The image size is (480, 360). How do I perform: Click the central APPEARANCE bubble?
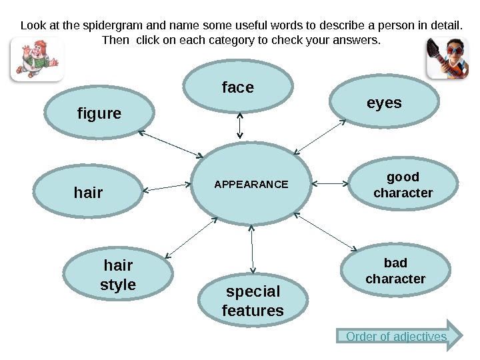pyautogui.click(x=251, y=185)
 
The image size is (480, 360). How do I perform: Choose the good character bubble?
pyautogui.click(x=403, y=185)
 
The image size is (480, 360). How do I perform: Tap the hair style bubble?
pyautogui.click(x=118, y=276)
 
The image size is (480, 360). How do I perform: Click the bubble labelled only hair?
pyautogui.click(x=88, y=193)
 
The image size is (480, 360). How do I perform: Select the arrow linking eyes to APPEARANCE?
pyautogui.click(x=320, y=137)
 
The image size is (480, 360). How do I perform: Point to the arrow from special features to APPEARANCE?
pyautogui.click(x=252, y=250)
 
